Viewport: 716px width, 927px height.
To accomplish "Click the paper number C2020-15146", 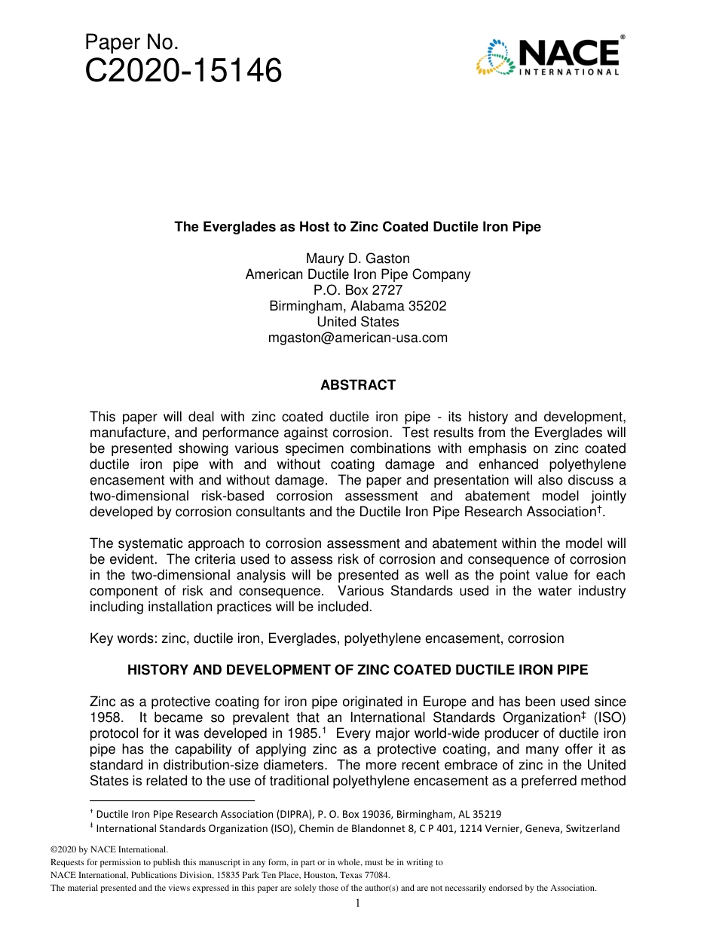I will click(x=184, y=72).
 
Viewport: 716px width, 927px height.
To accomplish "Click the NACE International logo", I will click(x=549, y=57).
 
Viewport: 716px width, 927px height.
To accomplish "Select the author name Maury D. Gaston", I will click(x=358, y=259).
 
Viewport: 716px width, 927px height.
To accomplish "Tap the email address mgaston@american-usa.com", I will click(x=358, y=338).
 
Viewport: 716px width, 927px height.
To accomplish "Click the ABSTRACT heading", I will click(x=358, y=385).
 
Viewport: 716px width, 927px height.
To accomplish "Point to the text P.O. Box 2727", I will click(x=358, y=290).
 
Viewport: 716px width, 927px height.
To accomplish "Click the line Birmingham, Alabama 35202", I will click(x=358, y=306).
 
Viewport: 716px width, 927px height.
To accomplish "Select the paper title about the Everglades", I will click(x=358, y=227).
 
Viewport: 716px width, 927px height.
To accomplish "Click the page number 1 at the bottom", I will click(x=358, y=903).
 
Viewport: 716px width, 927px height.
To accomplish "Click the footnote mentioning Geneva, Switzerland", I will click(x=354, y=828).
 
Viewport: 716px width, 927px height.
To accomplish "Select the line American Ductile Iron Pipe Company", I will click(x=358, y=274).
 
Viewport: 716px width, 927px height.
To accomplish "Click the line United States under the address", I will click(x=358, y=322).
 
